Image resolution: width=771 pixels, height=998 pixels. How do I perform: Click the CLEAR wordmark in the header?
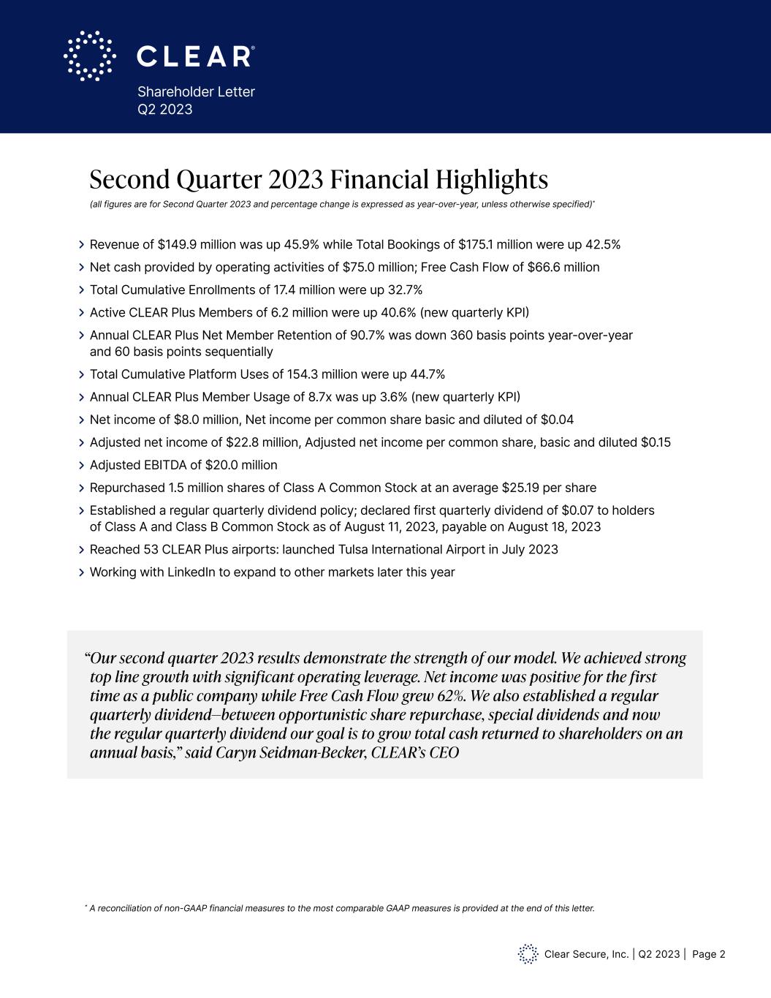[195, 56]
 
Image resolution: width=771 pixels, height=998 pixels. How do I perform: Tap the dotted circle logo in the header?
[90, 56]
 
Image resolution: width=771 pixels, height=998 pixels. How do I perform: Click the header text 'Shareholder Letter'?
[196, 91]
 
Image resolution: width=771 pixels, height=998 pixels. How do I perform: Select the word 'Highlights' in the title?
[492, 179]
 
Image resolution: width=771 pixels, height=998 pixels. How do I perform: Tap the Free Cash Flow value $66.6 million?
[563, 267]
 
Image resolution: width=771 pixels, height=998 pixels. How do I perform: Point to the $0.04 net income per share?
[557, 420]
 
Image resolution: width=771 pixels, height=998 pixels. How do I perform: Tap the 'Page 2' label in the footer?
[708, 954]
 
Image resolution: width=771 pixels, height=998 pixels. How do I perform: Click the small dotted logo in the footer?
[528, 954]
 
